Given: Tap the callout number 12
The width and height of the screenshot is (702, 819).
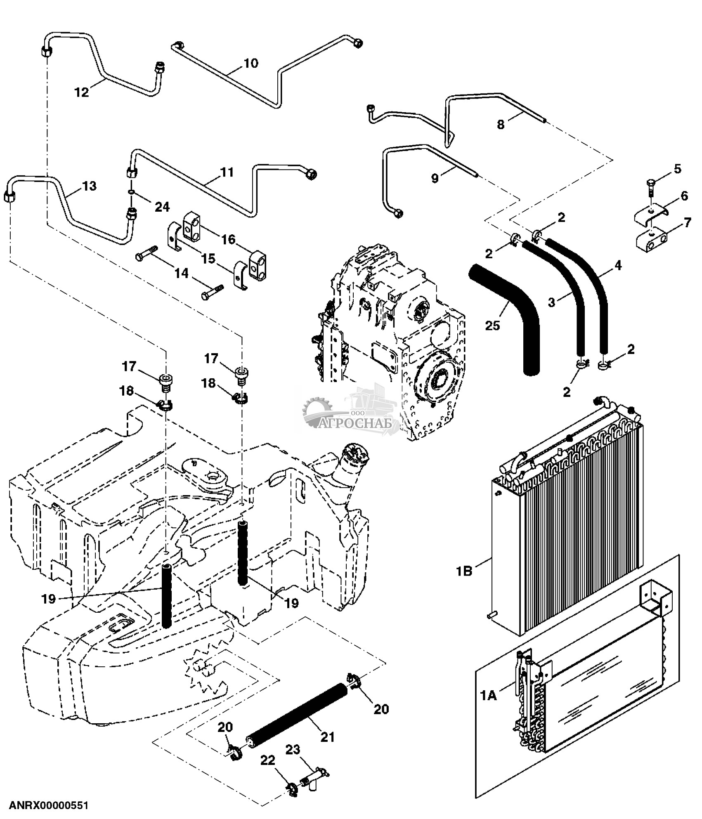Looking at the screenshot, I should point(82,92).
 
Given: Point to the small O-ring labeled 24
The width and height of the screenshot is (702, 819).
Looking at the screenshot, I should point(131,192).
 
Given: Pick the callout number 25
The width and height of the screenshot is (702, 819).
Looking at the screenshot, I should point(492,325).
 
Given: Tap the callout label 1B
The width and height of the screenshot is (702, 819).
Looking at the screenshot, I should point(464,572).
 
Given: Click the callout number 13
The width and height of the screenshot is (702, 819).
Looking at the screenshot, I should point(89,186).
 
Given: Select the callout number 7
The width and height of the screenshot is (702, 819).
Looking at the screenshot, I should point(687,223).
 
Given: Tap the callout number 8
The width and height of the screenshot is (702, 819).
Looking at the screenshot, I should point(501,124).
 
